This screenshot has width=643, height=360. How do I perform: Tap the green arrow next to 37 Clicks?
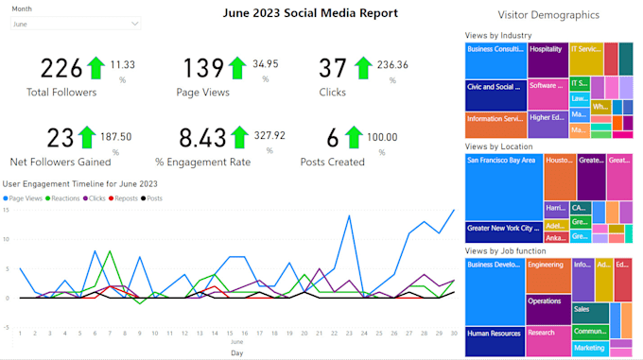coord(362,68)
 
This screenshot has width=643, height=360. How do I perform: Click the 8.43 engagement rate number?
coord(200,138)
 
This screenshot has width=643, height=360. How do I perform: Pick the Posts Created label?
coord(332,162)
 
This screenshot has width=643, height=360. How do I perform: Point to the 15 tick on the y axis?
coord(6,210)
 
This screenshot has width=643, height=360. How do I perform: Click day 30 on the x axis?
coord(454,333)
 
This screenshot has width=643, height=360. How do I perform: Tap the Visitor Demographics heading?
coord(548,15)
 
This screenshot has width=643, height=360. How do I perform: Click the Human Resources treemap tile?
coord(494,332)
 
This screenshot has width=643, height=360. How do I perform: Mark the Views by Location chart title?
coord(498,146)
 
